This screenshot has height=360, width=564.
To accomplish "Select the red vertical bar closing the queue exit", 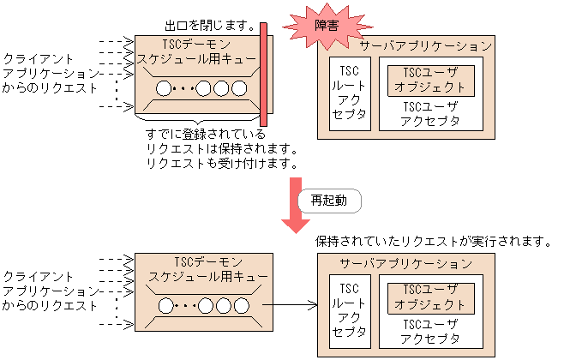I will point(264,74).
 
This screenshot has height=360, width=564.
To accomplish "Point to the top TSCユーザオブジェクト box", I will point(428,80).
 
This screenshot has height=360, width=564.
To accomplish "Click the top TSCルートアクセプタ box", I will point(349,92).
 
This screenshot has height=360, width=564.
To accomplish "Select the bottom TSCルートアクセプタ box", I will point(349,309).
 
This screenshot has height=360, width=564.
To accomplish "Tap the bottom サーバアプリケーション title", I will point(405,263).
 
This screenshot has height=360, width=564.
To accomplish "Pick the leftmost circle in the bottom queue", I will point(164,306).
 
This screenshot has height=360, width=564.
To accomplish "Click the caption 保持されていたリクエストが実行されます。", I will point(432,242).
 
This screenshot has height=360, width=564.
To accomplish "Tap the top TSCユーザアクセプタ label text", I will point(429,113).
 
